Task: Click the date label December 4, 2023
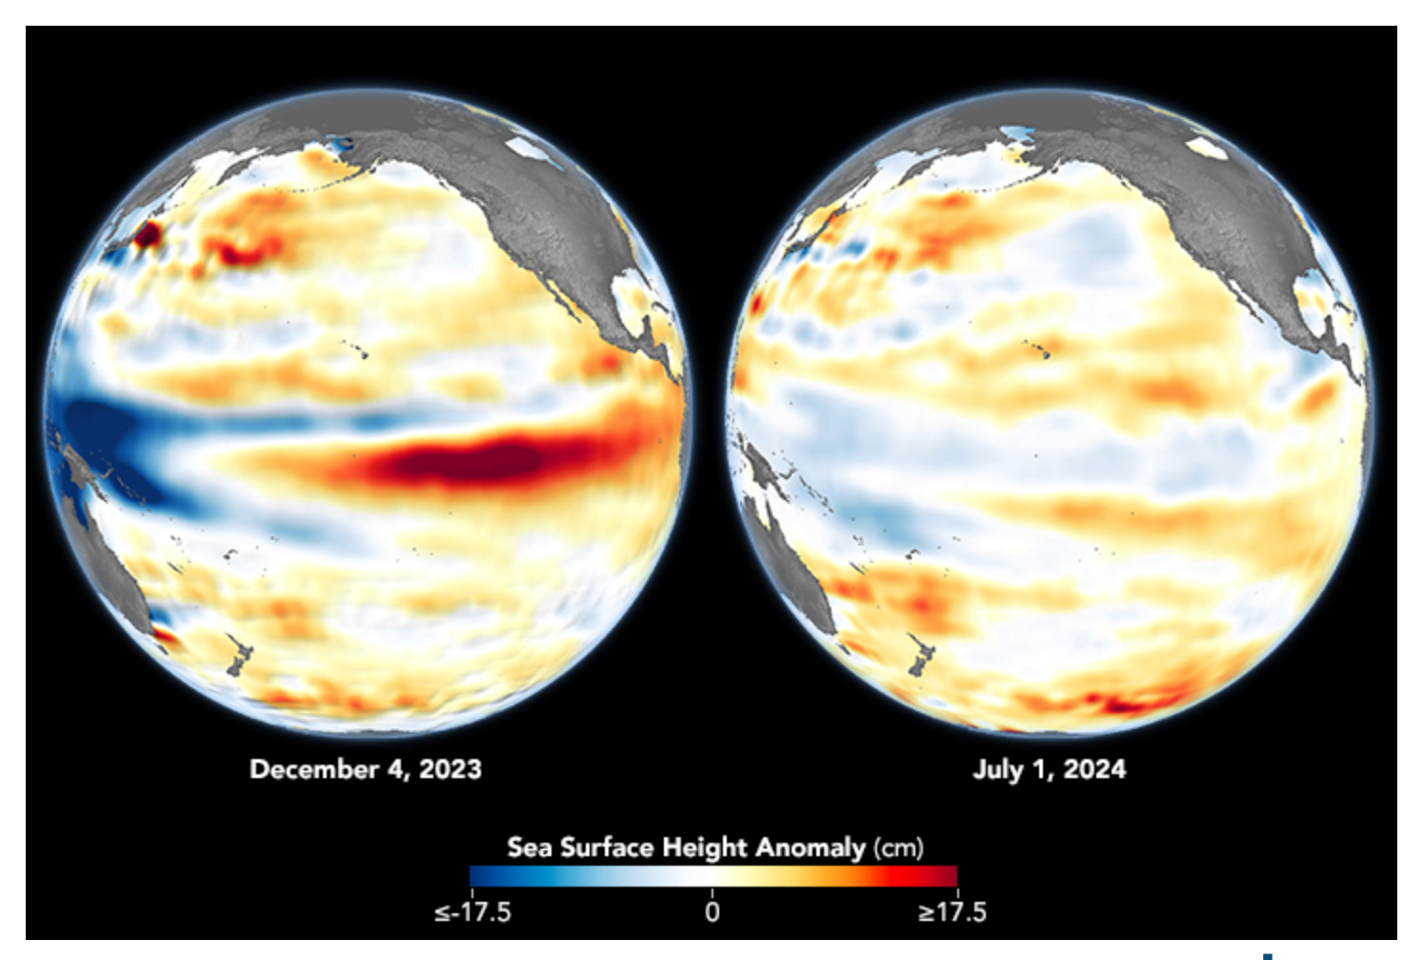point(366,769)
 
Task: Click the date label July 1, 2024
point(1049,769)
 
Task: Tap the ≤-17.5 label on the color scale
point(472,911)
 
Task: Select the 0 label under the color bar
point(712,911)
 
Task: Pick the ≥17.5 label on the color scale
point(952,911)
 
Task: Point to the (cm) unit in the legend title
point(898,847)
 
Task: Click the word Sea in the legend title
point(529,847)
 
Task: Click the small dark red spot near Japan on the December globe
point(147,234)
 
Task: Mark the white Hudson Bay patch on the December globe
point(523,148)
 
